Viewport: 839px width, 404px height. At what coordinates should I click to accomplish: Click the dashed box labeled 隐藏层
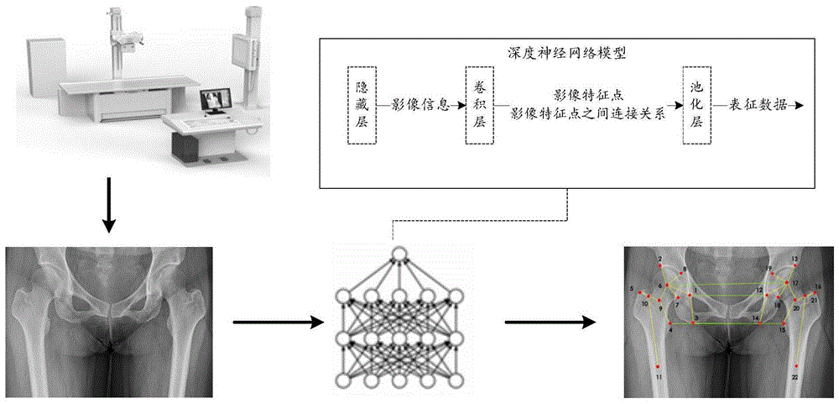pyautogui.click(x=362, y=106)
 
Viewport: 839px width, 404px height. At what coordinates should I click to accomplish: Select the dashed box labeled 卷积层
pyautogui.click(x=480, y=106)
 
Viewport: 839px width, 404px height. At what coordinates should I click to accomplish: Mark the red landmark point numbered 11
pyautogui.click(x=659, y=366)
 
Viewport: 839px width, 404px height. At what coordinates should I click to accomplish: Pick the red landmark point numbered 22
pyautogui.click(x=795, y=366)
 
